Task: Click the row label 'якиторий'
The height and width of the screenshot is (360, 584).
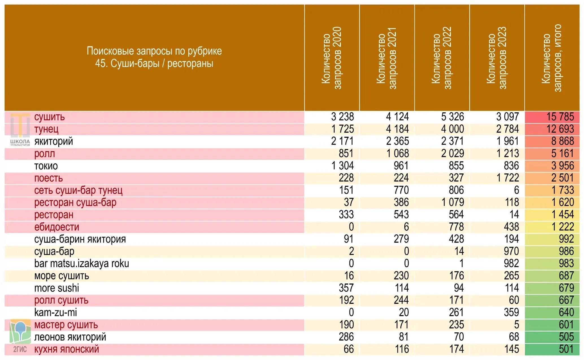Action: tap(54, 141)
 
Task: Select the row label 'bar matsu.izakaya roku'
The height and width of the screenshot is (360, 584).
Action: tap(82, 263)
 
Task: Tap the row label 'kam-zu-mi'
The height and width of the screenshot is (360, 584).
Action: tap(55, 313)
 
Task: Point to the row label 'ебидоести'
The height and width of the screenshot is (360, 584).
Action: tap(57, 227)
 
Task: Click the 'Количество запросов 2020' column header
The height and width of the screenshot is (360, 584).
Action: tap(331, 58)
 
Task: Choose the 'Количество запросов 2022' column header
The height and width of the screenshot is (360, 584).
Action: tap(442, 58)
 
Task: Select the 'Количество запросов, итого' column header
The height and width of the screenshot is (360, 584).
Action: tap(552, 58)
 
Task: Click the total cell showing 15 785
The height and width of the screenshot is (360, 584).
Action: tap(560, 117)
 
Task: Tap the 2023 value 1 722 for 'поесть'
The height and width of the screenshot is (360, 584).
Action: tap(508, 178)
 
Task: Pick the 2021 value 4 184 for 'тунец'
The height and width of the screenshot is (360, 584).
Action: tap(398, 129)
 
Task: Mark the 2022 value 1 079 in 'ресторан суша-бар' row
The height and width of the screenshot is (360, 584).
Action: tap(453, 202)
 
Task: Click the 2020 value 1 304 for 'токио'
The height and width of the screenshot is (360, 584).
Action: tap(342, 166)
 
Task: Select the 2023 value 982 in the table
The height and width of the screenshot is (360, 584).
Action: tap(511, 263)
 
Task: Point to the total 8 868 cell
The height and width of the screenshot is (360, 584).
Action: tap(563, 141)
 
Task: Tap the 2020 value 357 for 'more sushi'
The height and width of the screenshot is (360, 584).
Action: tap(346, 288)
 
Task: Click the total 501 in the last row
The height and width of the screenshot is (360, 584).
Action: tap(566, 349)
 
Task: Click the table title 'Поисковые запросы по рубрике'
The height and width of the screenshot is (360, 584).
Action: tap(154, 51)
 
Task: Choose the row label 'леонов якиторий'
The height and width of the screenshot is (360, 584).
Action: tap(70, 337)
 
